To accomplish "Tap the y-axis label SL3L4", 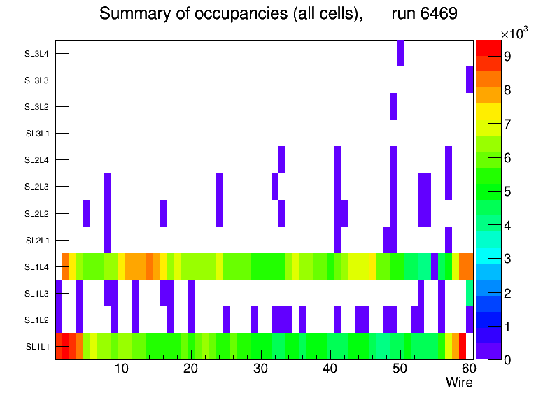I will pos(37,54).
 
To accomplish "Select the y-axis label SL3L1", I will pos(37,134).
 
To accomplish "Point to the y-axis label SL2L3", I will pos(37,187).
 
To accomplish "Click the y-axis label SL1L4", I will pos(37,267).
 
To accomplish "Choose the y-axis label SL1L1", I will pos(37,347).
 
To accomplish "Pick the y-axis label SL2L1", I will pos(37,241).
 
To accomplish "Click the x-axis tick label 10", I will pos(121,369).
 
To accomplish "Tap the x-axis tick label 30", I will pos(260,369).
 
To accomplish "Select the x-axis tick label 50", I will pos(400,369).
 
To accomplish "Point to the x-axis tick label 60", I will pos(467,369).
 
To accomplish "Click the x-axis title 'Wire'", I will pos(459,383).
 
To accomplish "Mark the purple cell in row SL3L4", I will pos(400,53).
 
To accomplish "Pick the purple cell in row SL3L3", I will pos(470,80).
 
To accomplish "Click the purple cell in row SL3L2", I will pos(393,106).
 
